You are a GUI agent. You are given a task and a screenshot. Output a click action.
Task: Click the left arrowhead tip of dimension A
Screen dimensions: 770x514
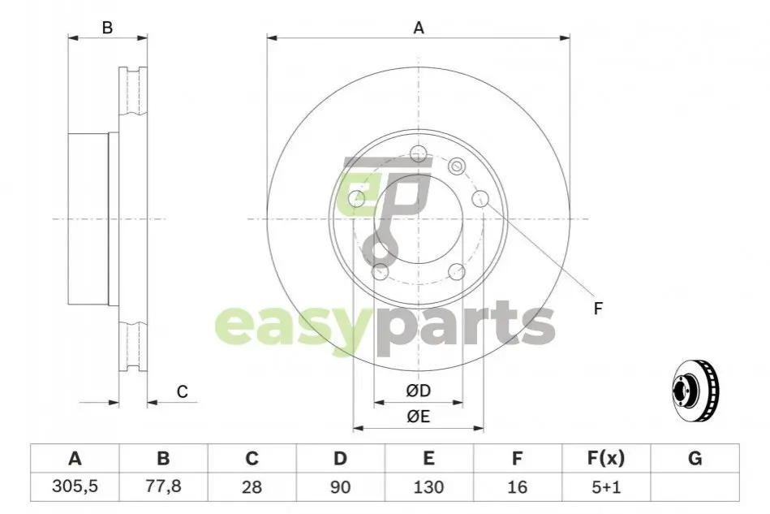pos(267,38)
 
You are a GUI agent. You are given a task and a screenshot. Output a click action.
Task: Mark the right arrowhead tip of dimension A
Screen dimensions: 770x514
pos(570,38)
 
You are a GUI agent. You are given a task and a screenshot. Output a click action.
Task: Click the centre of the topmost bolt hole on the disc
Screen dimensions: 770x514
pos(418,153)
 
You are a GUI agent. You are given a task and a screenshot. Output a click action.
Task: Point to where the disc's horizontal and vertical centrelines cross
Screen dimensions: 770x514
pos(418,218)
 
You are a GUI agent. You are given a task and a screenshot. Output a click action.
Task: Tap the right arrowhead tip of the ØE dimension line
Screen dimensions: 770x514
pos(484,428)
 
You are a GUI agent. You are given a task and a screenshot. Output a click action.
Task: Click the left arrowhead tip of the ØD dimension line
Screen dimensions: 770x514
pos(374,403)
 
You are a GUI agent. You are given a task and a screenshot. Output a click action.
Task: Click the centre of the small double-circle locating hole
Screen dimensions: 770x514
pos(457,166)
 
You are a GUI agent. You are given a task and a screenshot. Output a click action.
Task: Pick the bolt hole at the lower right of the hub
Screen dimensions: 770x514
pos(457,272)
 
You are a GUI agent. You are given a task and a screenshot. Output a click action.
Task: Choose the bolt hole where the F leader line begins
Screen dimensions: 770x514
pos(480,198)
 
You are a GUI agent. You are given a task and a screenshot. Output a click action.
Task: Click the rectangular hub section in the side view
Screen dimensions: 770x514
pos(88,218)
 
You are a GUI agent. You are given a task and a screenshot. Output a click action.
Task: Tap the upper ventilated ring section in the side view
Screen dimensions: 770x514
pos(133,92)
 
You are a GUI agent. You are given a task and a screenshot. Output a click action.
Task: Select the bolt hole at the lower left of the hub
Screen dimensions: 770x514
pos(380,272)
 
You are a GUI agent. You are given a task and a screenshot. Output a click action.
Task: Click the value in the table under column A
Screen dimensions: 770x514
pos(75,486)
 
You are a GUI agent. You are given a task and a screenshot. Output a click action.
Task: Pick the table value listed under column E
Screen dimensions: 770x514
pos(428,487)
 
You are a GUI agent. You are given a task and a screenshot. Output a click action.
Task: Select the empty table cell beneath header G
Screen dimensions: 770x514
pos(695,487)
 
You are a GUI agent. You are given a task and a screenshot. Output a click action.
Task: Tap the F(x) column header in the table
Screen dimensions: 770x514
pos(606,459)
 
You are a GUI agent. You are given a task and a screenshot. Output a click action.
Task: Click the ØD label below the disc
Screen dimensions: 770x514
pos(419,391)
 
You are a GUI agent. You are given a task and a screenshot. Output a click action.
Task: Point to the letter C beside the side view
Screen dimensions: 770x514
pos(183,391)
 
